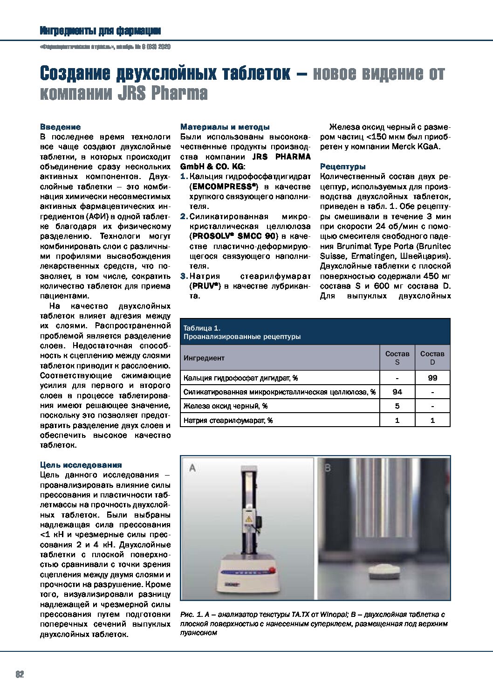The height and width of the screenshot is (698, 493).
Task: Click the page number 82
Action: (20, 674)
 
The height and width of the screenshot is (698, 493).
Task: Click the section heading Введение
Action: (60, 127)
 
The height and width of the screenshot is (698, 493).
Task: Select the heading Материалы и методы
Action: (225, 127)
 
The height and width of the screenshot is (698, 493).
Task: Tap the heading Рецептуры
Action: (342, 166)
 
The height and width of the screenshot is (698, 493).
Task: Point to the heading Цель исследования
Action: (81, 465)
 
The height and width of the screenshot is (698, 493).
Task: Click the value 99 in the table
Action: (432, 378)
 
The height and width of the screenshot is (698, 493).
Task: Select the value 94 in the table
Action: (397, 392)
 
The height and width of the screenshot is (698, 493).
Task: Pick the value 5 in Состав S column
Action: (397, 406)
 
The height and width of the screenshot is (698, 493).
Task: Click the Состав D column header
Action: (432, 358)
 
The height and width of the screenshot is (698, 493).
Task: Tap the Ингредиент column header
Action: (204, 358)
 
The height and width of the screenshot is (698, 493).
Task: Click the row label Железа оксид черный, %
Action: (226, 406)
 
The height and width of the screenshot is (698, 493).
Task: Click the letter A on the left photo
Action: (192, 468)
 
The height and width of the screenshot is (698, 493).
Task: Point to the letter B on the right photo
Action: (327, 468)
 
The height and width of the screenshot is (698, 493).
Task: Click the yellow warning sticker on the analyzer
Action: (250, 519)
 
